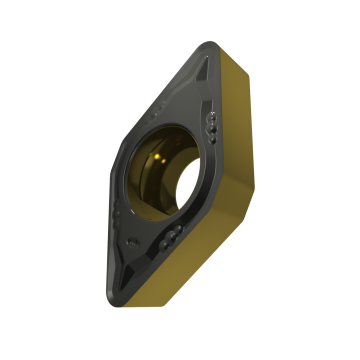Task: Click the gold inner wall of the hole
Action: point(190,190)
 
